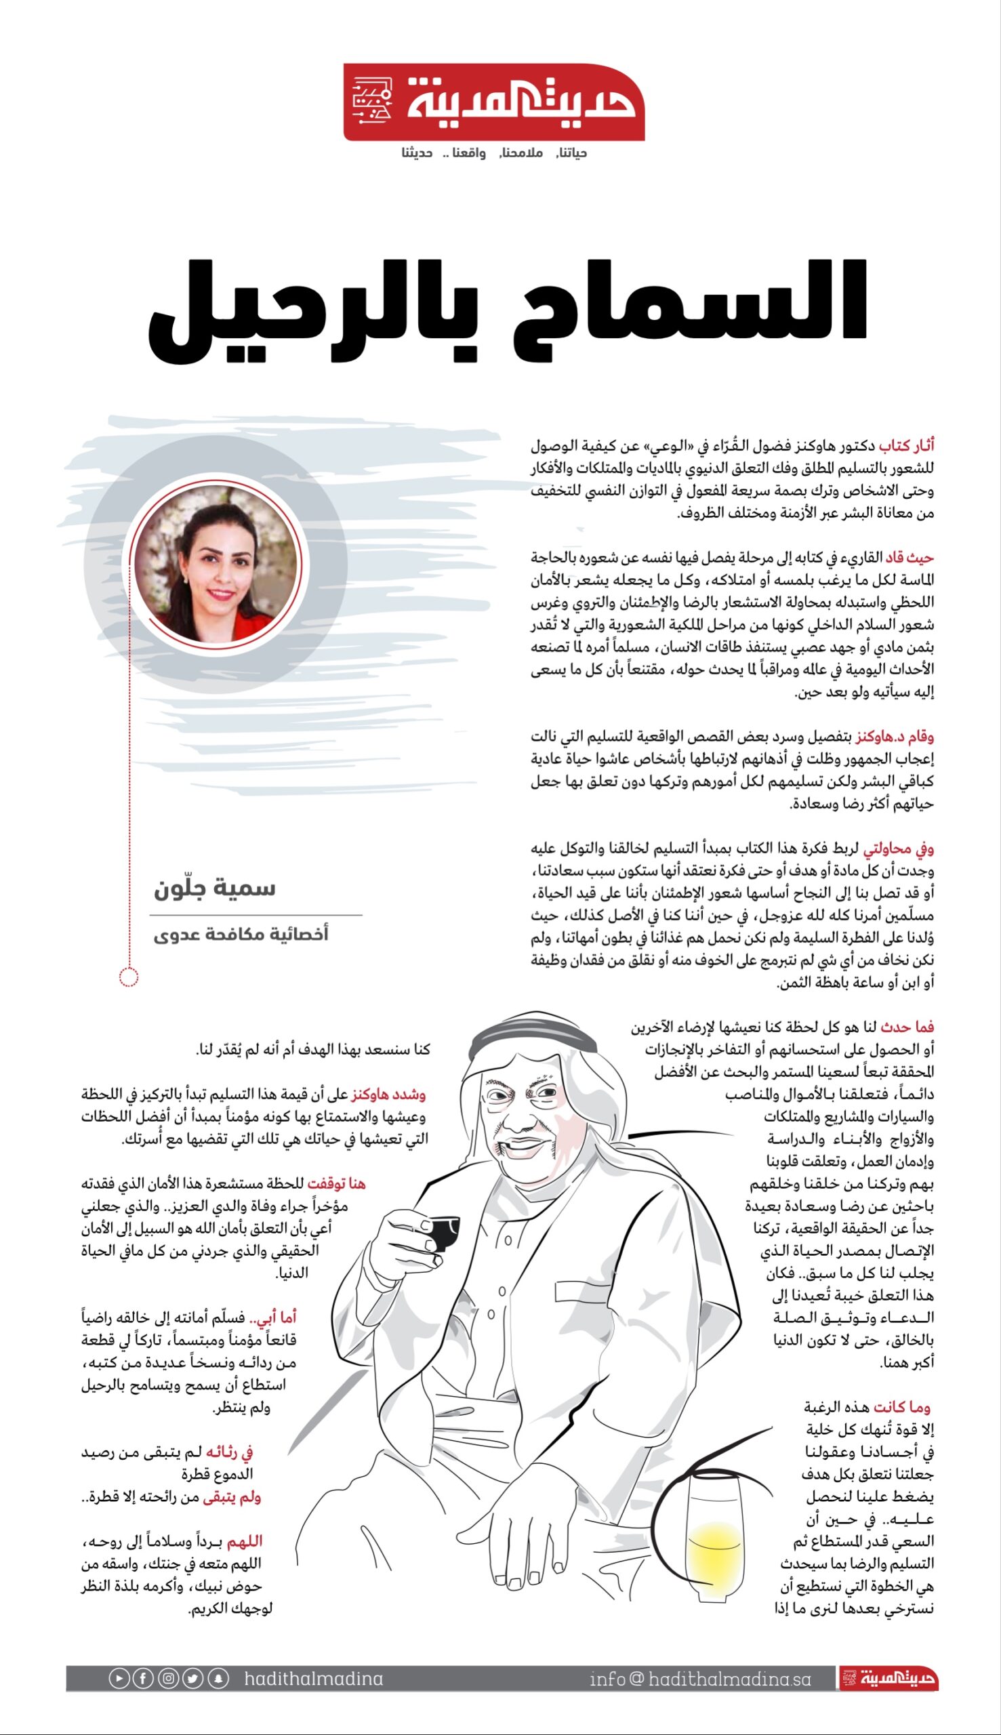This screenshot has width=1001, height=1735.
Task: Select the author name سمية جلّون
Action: coord(214,888)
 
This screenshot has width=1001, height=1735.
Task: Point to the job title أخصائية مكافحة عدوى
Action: coord(241,934)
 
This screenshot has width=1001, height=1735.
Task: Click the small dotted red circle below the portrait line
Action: coord(129,976)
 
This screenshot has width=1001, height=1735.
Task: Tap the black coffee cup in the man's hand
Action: coord(440,1231)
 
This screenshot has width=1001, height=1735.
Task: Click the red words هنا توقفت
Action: coord(336,1183)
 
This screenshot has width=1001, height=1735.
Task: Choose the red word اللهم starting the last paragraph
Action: coord(244,1541)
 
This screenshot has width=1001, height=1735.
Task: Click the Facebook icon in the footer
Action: coord(143,1679)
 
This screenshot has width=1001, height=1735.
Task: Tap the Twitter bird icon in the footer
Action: coord(193,1679)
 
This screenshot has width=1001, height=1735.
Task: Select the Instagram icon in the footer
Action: coord(169,1679)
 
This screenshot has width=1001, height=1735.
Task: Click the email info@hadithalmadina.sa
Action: coord(700,1679)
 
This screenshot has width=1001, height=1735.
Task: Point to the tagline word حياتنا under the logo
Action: coord(571,152)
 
